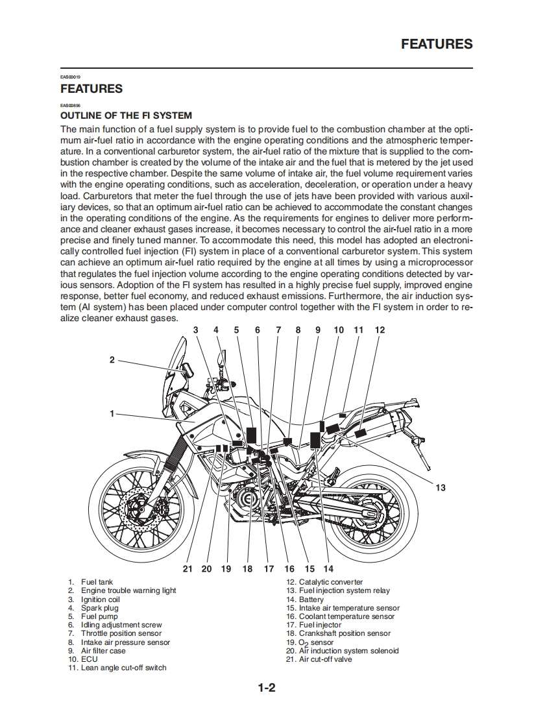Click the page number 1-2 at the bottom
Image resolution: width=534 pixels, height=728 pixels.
267,688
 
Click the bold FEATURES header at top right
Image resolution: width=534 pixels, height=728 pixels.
437,44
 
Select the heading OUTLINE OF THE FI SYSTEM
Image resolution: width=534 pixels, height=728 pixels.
126,115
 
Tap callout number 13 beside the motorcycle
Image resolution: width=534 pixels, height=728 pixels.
441,487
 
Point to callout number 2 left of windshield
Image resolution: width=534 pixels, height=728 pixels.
112,359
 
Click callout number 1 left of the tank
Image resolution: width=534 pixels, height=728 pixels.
112,413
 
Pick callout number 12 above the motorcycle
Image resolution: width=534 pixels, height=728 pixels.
380,330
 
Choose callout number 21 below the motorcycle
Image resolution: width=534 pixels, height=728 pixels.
188,568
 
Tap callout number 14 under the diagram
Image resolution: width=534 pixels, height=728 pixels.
328,568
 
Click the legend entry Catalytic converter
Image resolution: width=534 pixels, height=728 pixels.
330,582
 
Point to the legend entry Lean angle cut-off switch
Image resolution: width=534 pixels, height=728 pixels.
123,668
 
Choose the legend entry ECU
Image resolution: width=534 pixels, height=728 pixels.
89,659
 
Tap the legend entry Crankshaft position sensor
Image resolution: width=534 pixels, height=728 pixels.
345,633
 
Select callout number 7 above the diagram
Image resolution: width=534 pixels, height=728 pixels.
278,330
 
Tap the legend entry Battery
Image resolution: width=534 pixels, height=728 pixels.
311,600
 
